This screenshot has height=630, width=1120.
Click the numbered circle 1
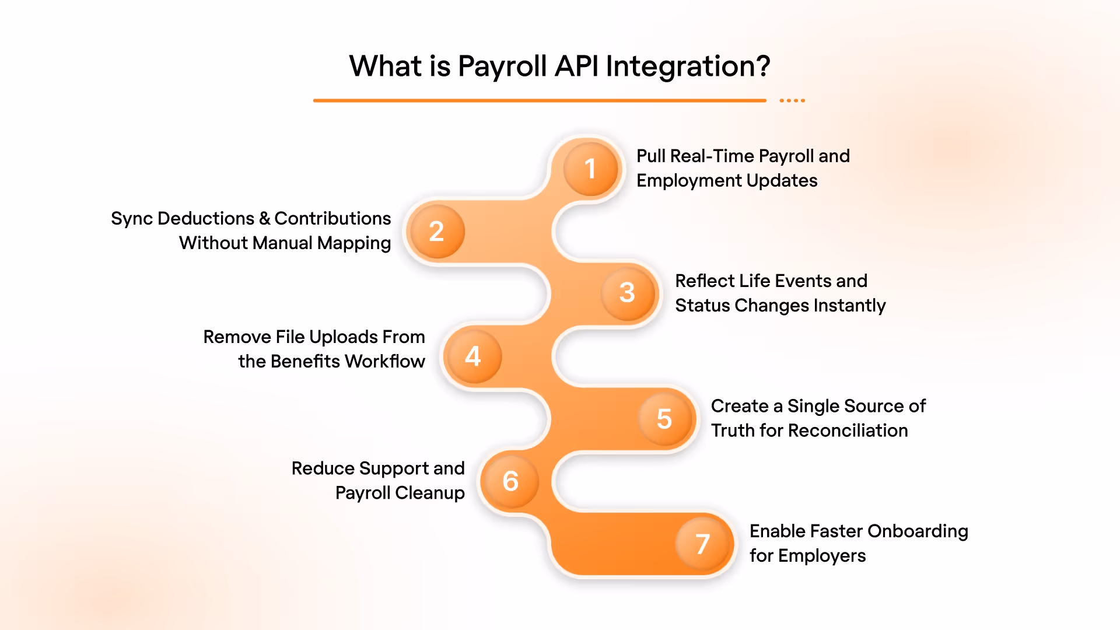(590, 169)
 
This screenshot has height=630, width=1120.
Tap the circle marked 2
(436, 232)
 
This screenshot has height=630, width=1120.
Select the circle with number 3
(628, 292)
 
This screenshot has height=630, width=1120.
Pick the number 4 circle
(473, 356)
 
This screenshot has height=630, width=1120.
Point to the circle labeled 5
(665, 418)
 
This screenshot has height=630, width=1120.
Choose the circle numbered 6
(510, 481)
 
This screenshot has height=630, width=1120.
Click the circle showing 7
(703, 544)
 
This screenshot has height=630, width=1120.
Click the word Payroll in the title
(502, 66)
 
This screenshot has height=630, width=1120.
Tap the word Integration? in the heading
(688, 66)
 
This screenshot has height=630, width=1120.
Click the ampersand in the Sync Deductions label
(264, 219)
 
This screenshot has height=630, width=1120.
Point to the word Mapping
(354, 243)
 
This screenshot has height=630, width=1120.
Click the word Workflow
(385, 362)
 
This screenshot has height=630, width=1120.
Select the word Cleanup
(430, 494)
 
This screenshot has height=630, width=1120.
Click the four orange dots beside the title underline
(792, 101)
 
